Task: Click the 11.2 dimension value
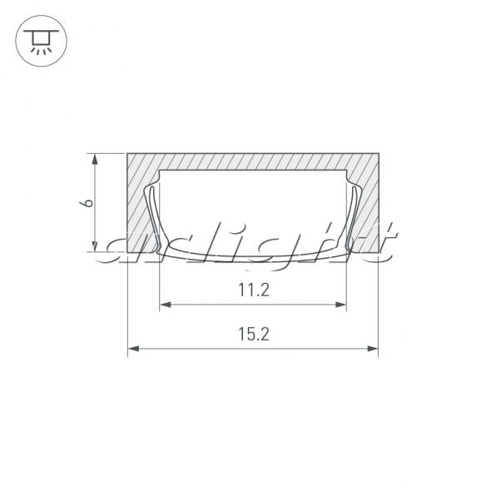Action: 254,290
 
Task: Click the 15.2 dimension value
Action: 254,334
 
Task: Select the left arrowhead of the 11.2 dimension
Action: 165,305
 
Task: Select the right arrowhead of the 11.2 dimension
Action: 340,305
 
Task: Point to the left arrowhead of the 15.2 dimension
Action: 133,349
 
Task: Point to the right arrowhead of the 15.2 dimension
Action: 373,349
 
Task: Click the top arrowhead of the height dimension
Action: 95,160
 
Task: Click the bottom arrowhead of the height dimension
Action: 95,245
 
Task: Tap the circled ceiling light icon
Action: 41,41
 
